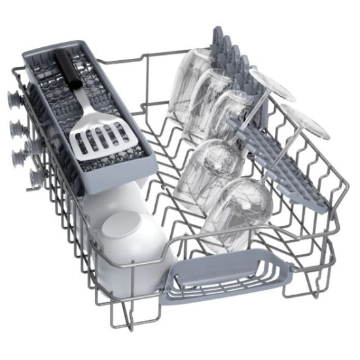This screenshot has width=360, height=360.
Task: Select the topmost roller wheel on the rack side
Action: click(12, 98)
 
